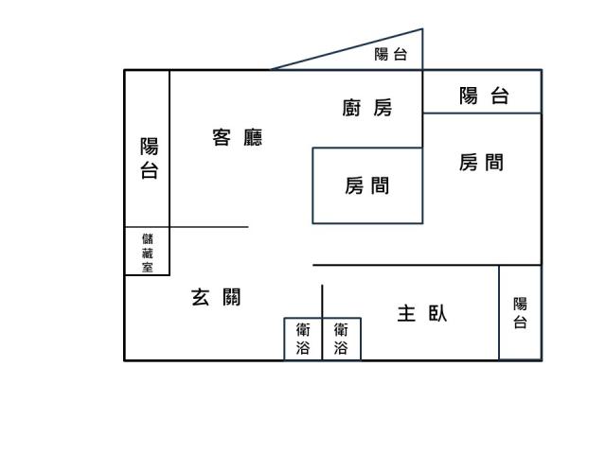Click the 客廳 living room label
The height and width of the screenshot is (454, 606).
point(238,137)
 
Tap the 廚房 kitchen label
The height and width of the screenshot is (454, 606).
point(367,108)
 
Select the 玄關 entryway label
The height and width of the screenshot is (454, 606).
point(216,297)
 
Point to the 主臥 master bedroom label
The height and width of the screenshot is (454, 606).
point(422,313)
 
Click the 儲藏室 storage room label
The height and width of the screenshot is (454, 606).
point(148,253)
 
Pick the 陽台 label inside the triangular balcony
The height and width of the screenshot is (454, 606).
point(391,54)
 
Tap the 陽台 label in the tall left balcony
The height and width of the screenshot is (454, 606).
point(150,158)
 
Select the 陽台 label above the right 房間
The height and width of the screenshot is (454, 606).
point(484,96)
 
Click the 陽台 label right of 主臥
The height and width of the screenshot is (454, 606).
point(520,313)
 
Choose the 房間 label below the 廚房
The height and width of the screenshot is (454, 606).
point(367,185)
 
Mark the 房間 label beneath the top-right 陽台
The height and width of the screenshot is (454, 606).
point(482,163)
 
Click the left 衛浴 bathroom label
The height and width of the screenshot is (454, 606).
point(303,339)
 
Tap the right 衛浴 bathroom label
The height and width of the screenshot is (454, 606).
point(341,339)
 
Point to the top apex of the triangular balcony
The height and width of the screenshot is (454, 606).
point(422,28)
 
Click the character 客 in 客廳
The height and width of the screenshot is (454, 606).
point(222,137)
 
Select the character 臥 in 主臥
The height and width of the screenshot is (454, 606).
point(437,313)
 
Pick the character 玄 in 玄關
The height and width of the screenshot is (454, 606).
point(200,297)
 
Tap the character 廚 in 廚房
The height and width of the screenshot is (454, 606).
point(351,108)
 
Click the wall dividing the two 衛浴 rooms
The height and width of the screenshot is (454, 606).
point(322,323)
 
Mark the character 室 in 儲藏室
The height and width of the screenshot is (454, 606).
point(148,267)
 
